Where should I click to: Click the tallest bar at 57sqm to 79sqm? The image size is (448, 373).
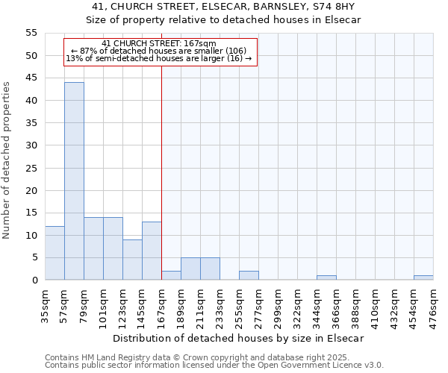[74, 181]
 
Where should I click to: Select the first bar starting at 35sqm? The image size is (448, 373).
[55, 253]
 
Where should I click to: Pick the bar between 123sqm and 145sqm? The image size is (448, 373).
[132, 260]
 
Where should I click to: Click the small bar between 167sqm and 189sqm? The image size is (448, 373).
[171, 275]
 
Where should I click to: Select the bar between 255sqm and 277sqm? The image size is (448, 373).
[249, 275]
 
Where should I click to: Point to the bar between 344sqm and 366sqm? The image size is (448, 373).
[326, 278]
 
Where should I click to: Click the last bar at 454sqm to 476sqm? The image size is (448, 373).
[423, 278]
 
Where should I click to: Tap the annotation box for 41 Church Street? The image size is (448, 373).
[160, 52]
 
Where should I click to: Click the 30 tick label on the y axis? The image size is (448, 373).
[31, 145]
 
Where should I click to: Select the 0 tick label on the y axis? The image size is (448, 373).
[34, 280]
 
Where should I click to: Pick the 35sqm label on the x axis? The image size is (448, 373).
[46, 302]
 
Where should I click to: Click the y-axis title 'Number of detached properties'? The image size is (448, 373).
[7, 160]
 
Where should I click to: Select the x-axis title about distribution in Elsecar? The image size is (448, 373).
[239, 338]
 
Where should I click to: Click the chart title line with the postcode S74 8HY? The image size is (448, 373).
[223, 6]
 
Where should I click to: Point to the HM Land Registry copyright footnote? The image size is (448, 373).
[208, 357]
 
